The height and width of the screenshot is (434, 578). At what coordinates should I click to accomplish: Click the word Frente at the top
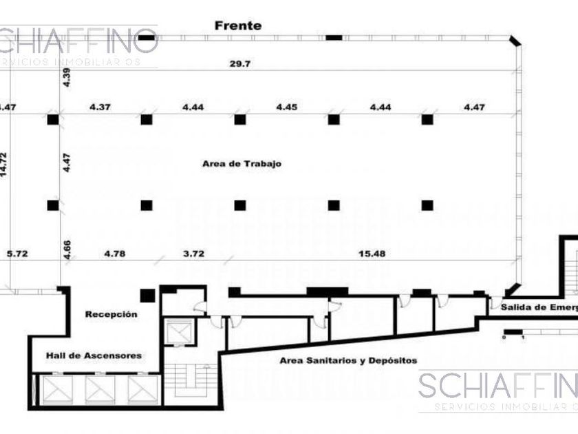coord(237,25)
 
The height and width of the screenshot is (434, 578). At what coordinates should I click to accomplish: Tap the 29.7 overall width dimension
coord(239,63)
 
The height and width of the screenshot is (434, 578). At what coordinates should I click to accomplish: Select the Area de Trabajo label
coord(242,164)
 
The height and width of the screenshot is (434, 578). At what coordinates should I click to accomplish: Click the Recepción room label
coord(111,314)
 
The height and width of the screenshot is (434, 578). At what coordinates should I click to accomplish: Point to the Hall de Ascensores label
coord(94,355)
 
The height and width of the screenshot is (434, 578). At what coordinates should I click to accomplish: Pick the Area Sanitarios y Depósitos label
coord(348,360)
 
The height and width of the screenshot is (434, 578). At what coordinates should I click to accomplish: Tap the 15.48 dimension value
coord(372,254)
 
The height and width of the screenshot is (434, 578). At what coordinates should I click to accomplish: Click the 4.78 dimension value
coord(114,254)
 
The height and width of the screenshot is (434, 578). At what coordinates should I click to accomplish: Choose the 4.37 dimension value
coord(100,107)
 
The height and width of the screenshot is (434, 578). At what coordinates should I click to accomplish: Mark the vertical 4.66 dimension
coord(67,249)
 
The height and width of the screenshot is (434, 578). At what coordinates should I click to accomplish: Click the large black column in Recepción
coord(147,296)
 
